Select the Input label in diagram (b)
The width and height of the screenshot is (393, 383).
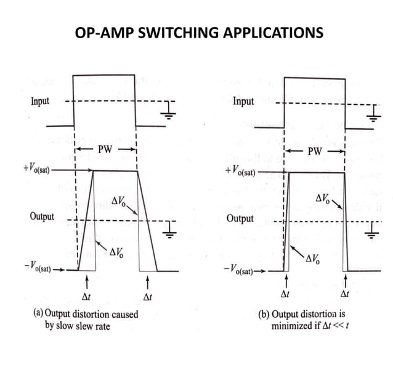243,101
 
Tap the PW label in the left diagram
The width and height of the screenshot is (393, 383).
105,150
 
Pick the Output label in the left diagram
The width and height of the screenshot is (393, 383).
42,217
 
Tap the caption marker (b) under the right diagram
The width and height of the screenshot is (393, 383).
264,313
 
